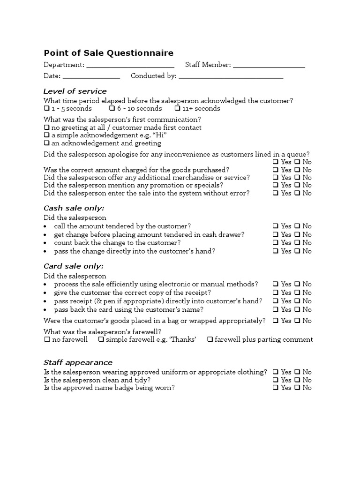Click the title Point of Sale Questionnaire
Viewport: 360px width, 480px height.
(108, 53)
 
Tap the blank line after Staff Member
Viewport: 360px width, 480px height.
(269, 66)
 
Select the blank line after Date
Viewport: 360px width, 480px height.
(91, 76)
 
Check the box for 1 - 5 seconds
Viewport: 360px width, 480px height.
(46, 109)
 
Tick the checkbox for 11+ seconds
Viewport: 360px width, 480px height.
(178, 109)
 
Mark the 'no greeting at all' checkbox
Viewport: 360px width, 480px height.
(46, 127)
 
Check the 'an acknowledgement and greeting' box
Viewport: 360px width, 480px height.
(46, 143)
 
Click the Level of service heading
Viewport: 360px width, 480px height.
(75, 91)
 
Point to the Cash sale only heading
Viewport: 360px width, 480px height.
(74, 208)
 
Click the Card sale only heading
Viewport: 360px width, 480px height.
(74, 266)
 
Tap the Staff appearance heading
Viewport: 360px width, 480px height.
(78, 362)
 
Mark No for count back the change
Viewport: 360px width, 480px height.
(297, 243)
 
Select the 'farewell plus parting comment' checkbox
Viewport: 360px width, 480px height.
(210, 340)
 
